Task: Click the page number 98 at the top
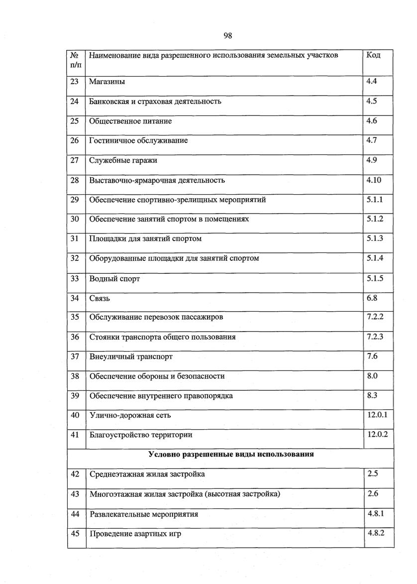click(228, 35)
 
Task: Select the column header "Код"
click(373, 55)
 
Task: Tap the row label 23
click(75, 82)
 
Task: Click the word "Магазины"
click(107, 82)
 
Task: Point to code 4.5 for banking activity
click(372, 101)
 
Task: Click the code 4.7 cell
click(372, 140)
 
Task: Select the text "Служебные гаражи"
click(123, 160)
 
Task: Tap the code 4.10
click(374, 180)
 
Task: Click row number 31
click(75, 238)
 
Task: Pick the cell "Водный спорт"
click(114, 278)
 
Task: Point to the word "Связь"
click(100, 298)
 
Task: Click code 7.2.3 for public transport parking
click(375, 337)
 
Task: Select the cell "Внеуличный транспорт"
click(131, 356)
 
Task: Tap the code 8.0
click(372, 376)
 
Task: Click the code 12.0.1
click(377, 415)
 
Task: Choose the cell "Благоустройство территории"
click(141, 435)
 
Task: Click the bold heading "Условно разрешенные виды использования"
click(230, 454)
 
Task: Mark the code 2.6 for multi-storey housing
click(373, 494)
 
